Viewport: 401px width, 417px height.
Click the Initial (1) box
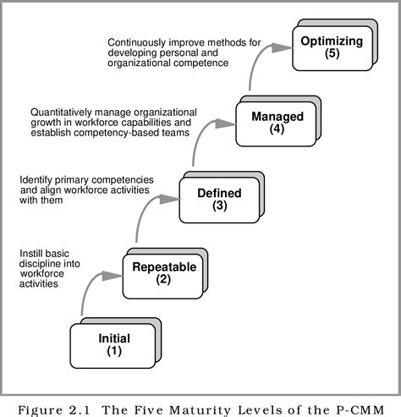(x=114, y=344)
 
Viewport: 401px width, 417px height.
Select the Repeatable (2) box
(x=163, y=273)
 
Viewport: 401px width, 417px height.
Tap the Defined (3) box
(x=218, y=199)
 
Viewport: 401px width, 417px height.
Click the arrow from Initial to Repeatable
(x=91, y=292)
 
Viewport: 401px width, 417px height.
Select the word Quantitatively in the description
(x=64, y=112)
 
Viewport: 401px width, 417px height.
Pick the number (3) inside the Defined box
(x=218, y=206)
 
